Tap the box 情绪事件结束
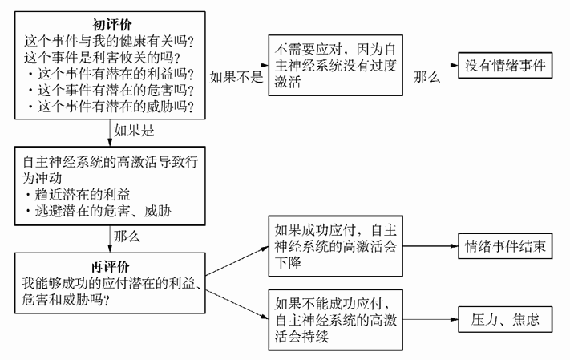pyautogui.click(x=505, y=247)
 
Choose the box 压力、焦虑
pyautogui.click(x=505, y=319)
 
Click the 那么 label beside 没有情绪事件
pyautogui.click(x=426, y=77)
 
